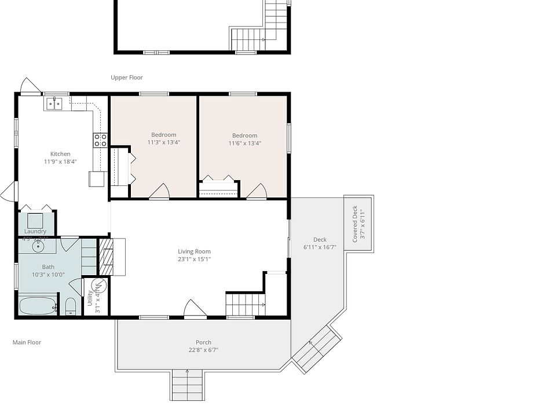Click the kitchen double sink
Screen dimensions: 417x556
coord(54,104)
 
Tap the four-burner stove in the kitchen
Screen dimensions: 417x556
coord(100,140)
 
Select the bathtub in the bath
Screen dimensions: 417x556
coord(38,305)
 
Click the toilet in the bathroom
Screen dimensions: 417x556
coord(70,306)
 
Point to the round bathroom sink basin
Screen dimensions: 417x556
coord(38,246)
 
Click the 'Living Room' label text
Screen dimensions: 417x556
coord(194,251)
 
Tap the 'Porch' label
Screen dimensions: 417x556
coord(203,342)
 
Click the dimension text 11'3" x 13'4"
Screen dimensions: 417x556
coord(164,142)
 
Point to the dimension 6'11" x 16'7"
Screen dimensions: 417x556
coord(320,247)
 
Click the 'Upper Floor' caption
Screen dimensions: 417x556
coord(127,78)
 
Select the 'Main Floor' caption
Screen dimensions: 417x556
coord(27,342)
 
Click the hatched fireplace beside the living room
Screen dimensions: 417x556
coord(106,257)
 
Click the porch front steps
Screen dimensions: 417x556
coord(188,385)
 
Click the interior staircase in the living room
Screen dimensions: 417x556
coord(245,304)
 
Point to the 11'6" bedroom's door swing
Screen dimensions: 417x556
coord(257,191)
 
